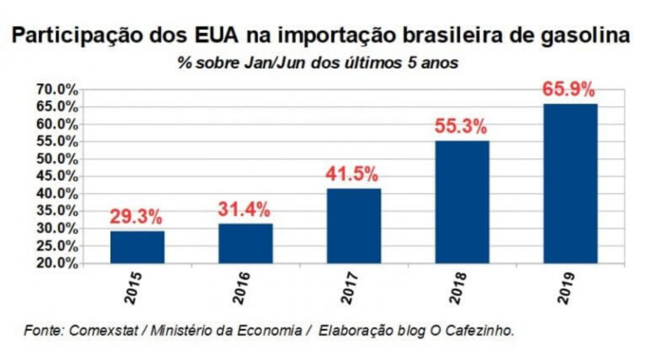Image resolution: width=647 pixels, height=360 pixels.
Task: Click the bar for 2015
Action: [x=137, y=247]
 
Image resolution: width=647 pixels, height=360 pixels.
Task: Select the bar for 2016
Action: [x=245, y=243]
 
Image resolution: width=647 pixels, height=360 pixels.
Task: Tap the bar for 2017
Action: [x=353, y=226]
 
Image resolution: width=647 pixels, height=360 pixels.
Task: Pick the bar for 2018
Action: [x=462, y=201]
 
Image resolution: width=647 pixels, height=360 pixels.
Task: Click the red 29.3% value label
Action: [x=137, y=216]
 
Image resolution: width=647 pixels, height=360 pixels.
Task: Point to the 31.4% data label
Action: [x=245, y=209]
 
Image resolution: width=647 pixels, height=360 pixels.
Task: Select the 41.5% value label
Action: [x=353, y=174]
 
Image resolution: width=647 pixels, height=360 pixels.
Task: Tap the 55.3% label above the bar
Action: [x=462, y=126]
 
